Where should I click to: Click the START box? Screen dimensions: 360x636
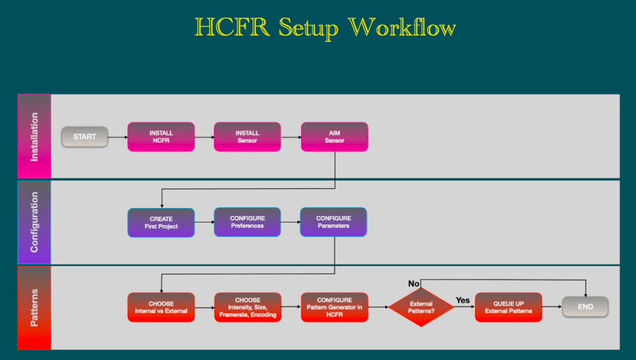pos(85,137)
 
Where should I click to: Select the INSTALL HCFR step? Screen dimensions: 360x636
pos(161,137)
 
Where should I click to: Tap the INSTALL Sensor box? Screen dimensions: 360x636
pos(247,137)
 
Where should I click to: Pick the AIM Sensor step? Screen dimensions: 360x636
pos(334,137)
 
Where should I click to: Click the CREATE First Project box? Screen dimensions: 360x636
pos(161,223)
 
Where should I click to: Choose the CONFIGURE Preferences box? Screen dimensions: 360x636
pos(247,222)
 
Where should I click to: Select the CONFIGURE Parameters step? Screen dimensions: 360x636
pos(333,222)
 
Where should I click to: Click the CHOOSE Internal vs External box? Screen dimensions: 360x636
pos(161,307)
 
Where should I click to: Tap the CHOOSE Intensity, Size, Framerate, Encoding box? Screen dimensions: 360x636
pos(248,307)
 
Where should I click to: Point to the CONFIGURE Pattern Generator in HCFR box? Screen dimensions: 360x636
pos(334,307)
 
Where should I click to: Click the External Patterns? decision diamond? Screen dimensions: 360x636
pos(421,307)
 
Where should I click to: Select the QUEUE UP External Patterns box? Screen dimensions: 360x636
pos(508,307)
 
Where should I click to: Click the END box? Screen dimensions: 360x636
pos(585,307)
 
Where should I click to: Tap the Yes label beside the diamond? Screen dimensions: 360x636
pos(463,301)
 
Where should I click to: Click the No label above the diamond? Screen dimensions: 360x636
pos(414,284)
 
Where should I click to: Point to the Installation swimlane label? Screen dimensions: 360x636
pos(34,137)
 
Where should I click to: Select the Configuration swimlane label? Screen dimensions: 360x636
pos(34,223)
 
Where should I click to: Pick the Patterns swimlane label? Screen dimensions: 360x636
pos(34,308)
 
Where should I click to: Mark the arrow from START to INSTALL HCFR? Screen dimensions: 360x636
pos(118,137)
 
